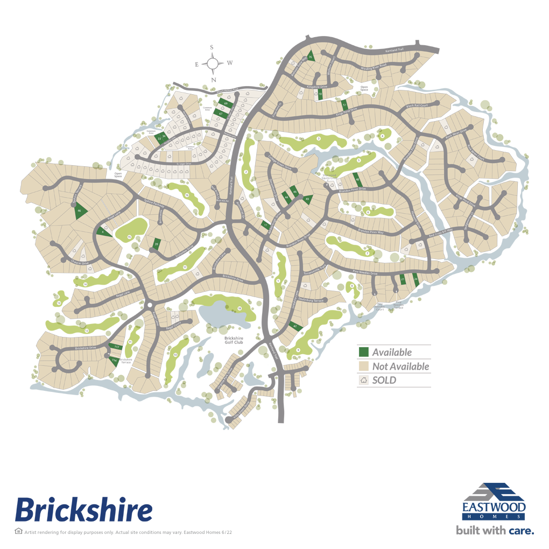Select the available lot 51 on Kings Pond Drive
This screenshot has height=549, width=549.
[x=344, y=104]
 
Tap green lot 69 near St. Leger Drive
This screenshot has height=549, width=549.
[x=226, y=103]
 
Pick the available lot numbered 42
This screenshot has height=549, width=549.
[x=294, y=326]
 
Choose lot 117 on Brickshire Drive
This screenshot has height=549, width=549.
[x=116, y=347]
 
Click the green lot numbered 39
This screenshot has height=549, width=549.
[x=157, y=244]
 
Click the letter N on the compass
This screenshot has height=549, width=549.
[x=213, y=80]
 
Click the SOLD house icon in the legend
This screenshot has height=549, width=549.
[x=364, y=380]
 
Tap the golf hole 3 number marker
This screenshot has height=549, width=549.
[x=318, y=139]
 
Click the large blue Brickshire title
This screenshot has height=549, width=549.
[x=83, y=509]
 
